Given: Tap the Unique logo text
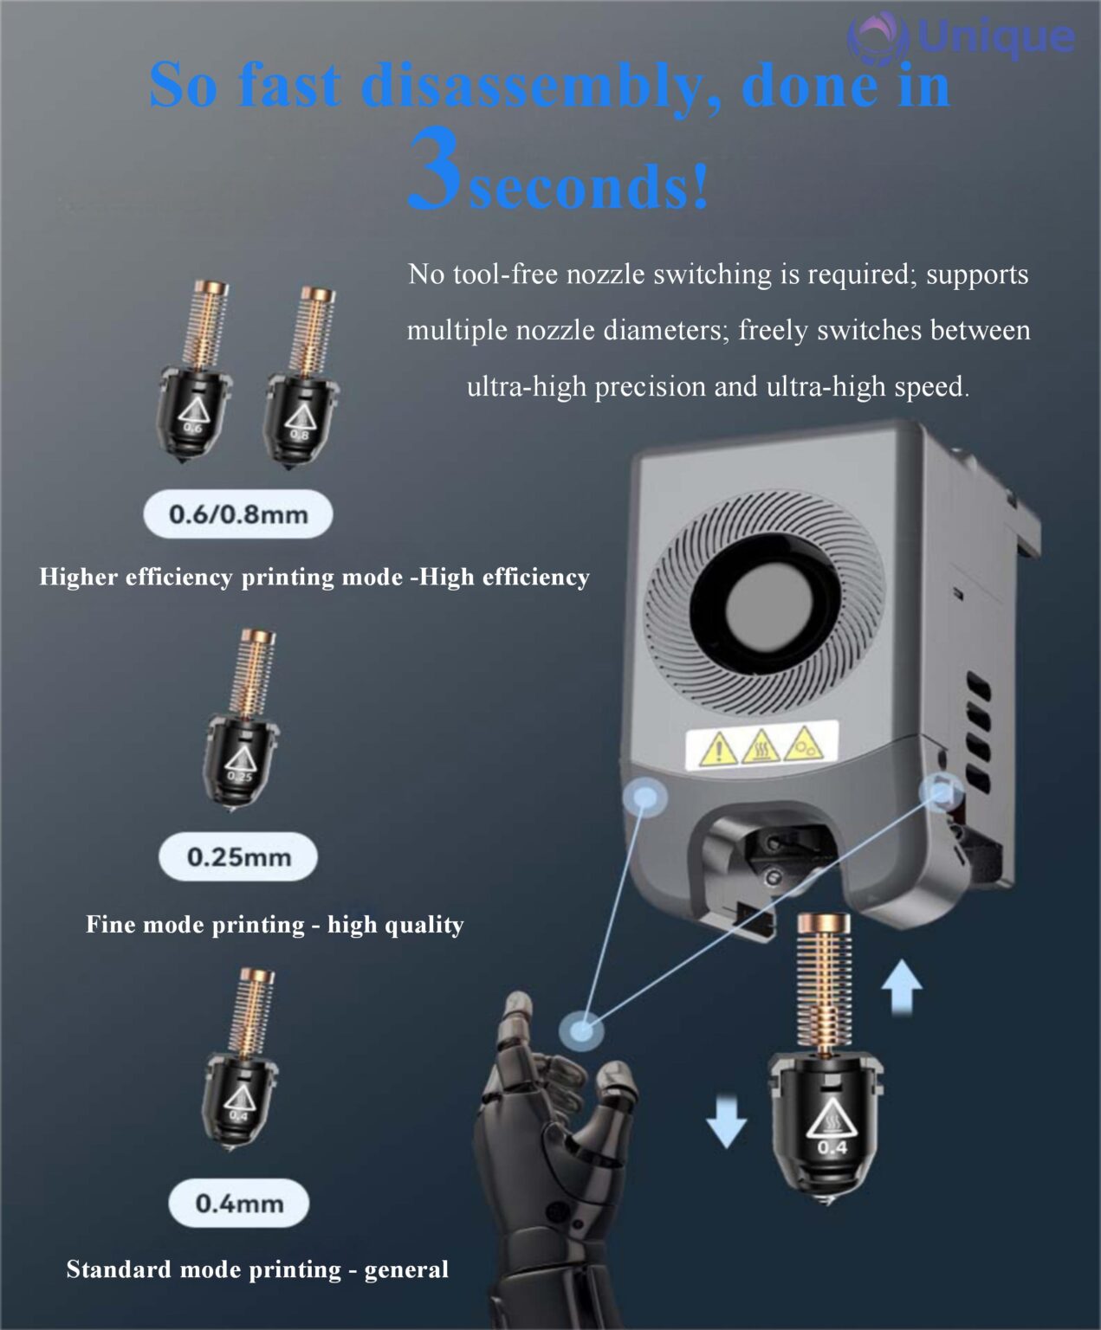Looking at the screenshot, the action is pos(996,37).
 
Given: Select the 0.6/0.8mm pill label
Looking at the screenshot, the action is pos(238,514).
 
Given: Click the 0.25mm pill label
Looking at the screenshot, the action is pos(238,856).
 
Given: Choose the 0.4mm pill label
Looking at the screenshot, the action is pos(239,1204).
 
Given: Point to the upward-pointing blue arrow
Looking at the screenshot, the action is pos(903,988).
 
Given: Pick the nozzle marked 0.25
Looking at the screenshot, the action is pos(241,720).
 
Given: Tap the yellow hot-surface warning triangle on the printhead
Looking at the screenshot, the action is pos(761,746).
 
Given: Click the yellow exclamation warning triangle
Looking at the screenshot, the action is pos(719,748).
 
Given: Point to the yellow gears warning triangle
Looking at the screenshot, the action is pos(804,743).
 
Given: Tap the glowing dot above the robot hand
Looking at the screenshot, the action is pos(580,1030).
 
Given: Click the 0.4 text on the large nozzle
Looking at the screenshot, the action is pos(832,1147).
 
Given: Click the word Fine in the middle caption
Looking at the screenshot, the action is pos(111,924).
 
